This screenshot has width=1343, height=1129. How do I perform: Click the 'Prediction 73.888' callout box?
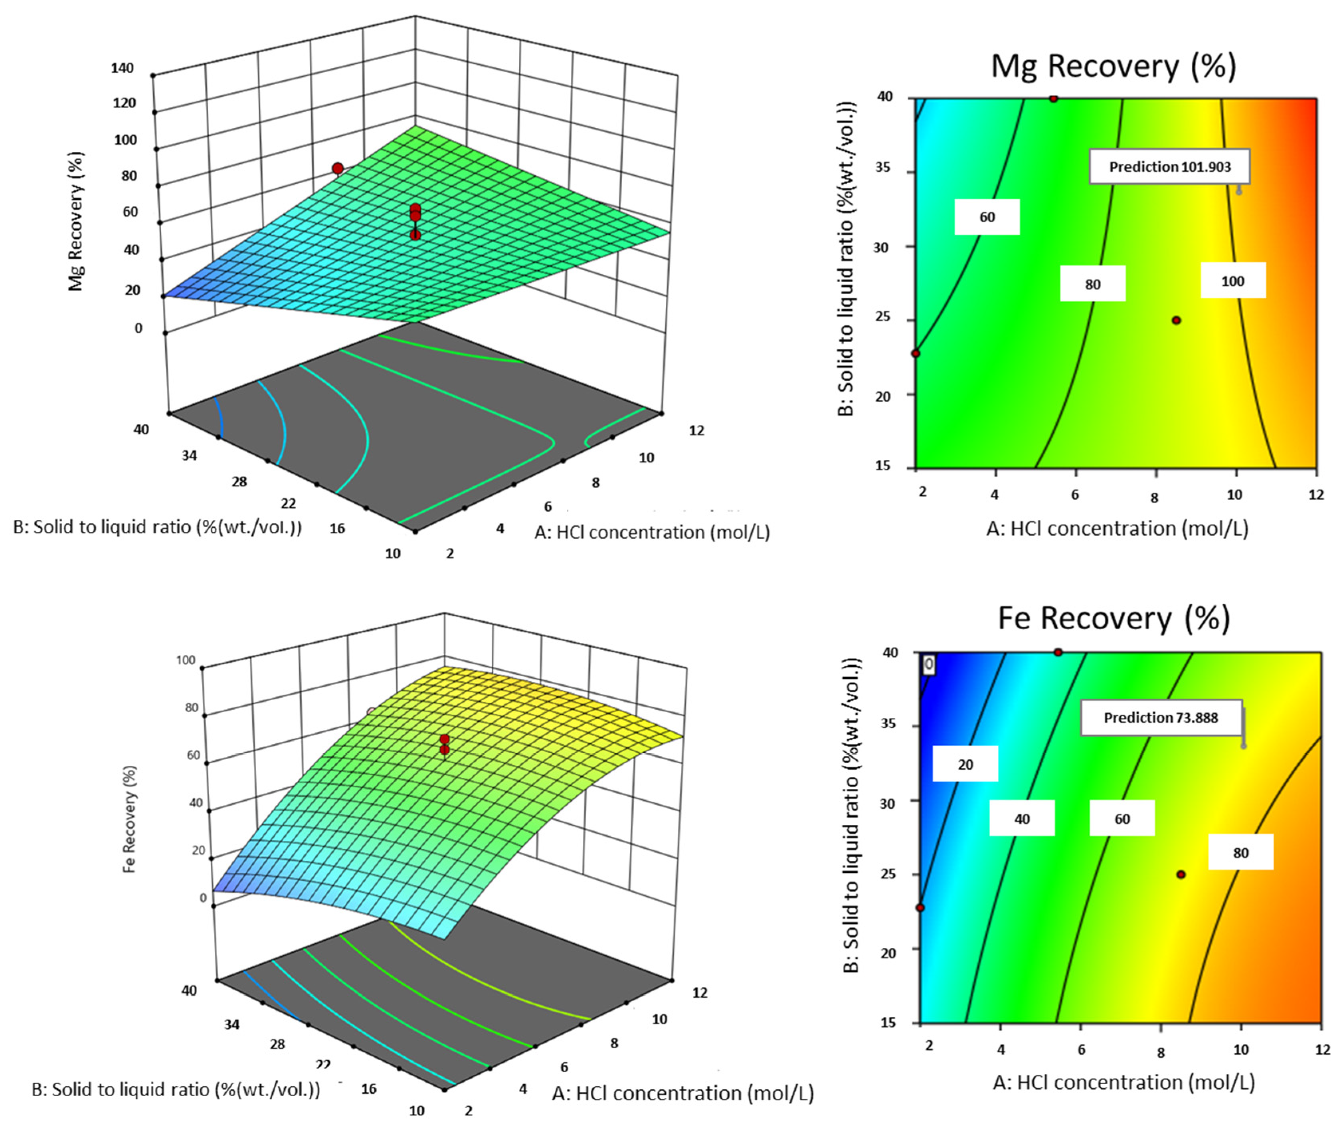(x=1161, y=717)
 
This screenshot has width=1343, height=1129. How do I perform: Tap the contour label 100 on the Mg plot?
(x=1232, y=281)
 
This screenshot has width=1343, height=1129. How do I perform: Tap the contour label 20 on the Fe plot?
(x=965, y=764)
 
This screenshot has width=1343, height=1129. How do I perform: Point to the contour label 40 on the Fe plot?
(x=1021, y=818)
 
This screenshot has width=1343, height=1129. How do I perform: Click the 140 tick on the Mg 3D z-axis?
(x=123, y=68)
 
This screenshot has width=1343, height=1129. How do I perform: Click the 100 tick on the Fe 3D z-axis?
(x=186, y=660)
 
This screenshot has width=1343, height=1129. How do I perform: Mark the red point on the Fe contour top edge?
(x=1058, y=652)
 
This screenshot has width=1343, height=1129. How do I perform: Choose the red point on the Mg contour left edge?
(x=916, y=353)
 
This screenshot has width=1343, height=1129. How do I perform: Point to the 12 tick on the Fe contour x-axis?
(x=1322, y=1050)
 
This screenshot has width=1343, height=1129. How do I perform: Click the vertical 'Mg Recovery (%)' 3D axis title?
(x=76, y=221)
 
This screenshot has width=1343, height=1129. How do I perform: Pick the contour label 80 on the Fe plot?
(x=1240, y=852)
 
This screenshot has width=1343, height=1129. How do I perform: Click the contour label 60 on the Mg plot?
(x=987, y=217)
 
